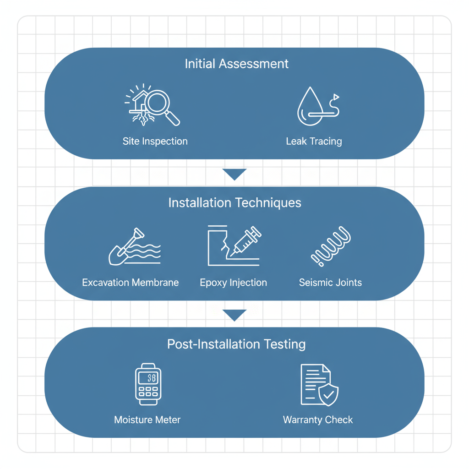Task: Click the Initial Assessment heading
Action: [x=236, y=64]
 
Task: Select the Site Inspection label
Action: [x=155, y=142]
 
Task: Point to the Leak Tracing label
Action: [x=314, y=142]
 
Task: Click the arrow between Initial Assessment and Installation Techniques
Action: [x=234, y=174]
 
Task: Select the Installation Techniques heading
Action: [x=234, y=203]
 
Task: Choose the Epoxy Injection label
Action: [x=233, y=283]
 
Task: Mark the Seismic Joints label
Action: [x=330, y=283]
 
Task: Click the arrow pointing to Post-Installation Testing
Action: [x=234, y=315]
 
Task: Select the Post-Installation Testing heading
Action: [x=236, y=344]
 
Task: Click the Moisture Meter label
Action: [x=147, y=420]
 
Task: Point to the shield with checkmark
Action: [x=328, y=394]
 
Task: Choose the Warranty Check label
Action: [x=318, y=420]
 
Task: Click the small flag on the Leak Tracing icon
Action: [x=336, y=97]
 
